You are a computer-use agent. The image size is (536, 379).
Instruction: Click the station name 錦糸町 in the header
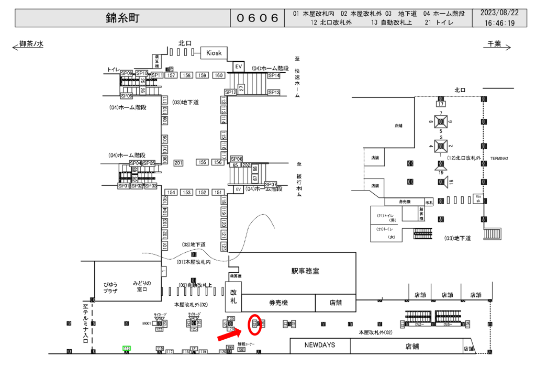click(x=122, y=18)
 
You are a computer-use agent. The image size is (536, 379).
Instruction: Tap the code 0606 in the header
click(x=258, y=18)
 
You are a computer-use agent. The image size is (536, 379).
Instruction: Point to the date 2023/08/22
click(x=499, y=13)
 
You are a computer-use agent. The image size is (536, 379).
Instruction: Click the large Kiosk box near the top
click(x=214, y=53)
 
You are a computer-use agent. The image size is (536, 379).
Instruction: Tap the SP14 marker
click(x=274, y=76)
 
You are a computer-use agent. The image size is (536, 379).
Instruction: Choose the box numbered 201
click(x=178, y=163)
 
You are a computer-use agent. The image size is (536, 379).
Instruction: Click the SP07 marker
click(x=271, y=184)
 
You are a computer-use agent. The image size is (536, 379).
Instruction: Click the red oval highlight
click(x=254, y=325)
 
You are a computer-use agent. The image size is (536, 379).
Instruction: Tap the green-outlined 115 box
click(x=127, y=348)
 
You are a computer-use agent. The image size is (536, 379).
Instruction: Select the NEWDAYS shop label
click(x=320, y=345)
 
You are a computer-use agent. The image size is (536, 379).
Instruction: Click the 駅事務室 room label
click(x=305, y=271)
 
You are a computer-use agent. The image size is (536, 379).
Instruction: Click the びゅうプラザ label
click(x=110, y=287)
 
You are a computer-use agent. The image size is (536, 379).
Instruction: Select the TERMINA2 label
click(x=500, y=158)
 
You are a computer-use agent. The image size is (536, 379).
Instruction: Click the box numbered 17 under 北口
click(x=440, y=104)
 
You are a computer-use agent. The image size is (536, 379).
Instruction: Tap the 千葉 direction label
click(x=494, y=44)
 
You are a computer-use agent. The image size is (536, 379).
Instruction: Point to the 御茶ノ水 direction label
click(x=31, y=44)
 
